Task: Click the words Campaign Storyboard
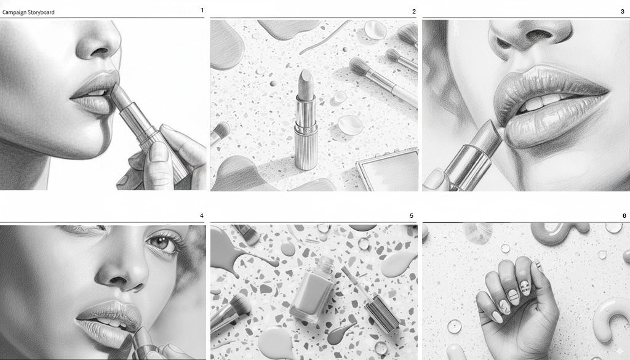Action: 28,12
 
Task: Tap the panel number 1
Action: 202,10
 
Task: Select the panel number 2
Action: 414,12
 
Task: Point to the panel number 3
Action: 623,12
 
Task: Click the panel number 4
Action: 202,216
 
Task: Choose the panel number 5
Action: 412,216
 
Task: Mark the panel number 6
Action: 624,216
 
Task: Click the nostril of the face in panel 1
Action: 99,52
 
